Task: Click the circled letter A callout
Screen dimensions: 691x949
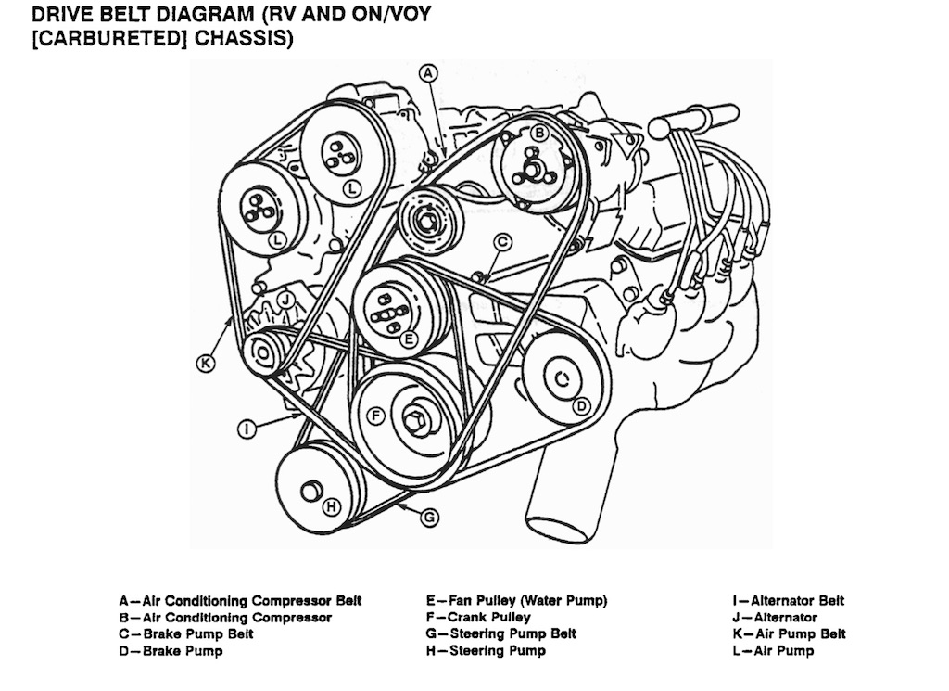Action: [x=427, y=71]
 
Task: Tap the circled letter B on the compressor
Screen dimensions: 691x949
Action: [x=539, y=134]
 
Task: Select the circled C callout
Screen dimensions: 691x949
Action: [x=502, y=241]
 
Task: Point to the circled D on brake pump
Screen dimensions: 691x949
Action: [x=581, y=405]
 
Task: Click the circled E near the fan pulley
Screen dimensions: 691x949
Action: [x=408, y=339]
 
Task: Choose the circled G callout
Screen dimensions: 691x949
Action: [x=429, y=518]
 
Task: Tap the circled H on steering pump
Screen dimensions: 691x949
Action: [x=331, y=505]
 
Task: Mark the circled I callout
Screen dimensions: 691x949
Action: [x=247, y=428]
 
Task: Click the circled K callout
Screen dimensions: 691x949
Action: [x=207, y=363]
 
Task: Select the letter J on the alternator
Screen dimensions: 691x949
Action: [x=288, y=299]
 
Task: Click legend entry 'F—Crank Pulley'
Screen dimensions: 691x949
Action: [x=478, y=617]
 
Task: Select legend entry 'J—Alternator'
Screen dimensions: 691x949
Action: [x=774, y=617]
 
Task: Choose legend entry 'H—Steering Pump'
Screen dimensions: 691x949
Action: [x=486, y=651]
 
